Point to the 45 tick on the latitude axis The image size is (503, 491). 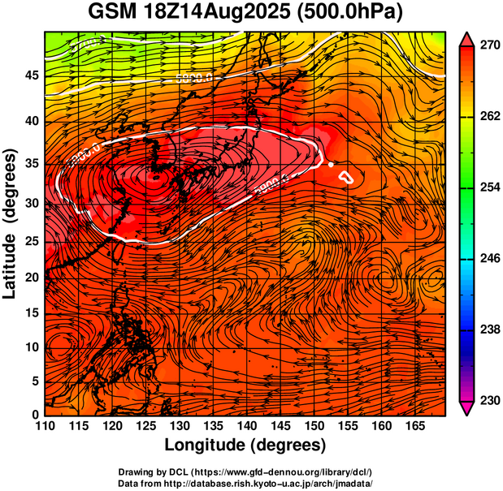[30, 75]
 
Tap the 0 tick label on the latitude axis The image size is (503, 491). [35, 415]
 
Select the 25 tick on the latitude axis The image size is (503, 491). [30, 241]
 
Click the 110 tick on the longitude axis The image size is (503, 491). [45, 426]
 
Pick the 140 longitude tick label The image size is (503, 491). [246, 426]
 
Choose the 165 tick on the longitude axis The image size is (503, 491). [414, 426]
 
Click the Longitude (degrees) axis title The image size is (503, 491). [245, 445]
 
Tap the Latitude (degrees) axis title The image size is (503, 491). [11, 223]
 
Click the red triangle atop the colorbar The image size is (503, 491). [467, 39]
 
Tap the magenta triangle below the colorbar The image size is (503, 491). [467, 408]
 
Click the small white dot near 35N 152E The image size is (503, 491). [332, 165]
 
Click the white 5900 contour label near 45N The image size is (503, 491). [194, 78]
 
